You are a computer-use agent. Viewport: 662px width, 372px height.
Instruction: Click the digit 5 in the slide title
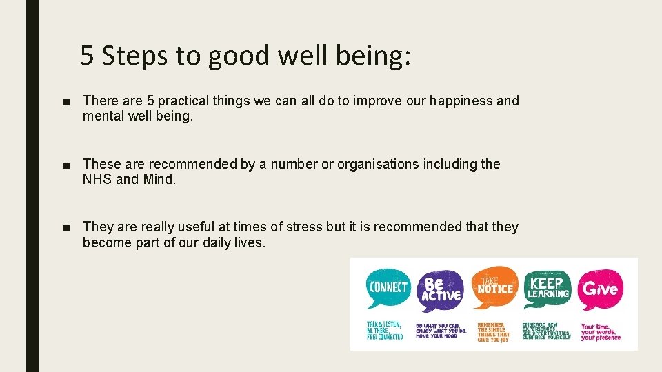[87, 55]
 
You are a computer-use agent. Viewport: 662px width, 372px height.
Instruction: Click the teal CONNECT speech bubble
[388, 287]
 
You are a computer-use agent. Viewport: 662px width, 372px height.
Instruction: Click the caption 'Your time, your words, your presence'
[601, 332]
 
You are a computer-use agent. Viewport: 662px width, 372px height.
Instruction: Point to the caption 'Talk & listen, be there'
[385, 330]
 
